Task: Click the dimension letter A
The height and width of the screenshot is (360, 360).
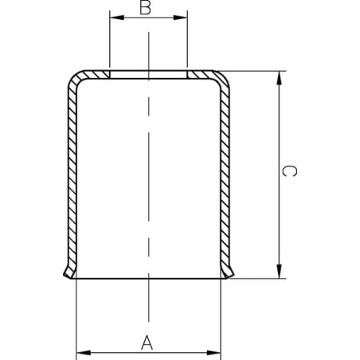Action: click(147, 342)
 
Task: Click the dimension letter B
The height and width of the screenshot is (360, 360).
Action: click(145, 8)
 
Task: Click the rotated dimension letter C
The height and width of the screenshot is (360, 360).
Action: click(289, 171)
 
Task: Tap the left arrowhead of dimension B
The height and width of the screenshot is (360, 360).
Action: click(117, 18)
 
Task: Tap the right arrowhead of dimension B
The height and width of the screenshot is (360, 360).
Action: click(181, 18)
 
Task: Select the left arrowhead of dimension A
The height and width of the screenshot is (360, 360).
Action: click(84, 353)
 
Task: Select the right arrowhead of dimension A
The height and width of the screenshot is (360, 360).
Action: click(213, 353)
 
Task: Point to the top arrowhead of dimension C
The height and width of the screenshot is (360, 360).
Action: click(279, 78)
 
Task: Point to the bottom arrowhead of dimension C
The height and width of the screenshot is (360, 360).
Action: click(279, 272)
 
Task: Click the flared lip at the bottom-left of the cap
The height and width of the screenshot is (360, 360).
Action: click(69, 272)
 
